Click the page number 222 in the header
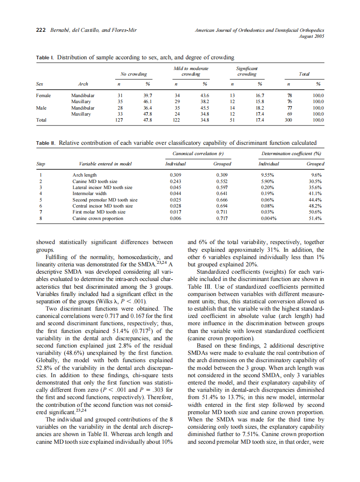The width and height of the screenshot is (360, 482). pyautogui.click(x=40, y=31)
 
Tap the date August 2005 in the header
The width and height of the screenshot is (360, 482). pyautogui.click(x=311, y=37)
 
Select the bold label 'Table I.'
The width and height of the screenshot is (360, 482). pyautogui.click(x=45, y=57)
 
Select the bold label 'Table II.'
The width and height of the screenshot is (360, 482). pyautogui.click(x=46, y=143)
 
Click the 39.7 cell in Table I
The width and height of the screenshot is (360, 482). pyautogui.click(x=147, y=95)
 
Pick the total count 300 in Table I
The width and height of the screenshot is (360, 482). pyautogui.click(x=289, y=120)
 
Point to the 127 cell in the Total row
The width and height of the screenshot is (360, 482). pyautogui.click(x=120, y=120)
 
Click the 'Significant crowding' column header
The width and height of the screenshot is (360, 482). pyautogui.click(x=247, y=71)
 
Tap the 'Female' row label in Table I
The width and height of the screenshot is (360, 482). pyautogui.click(x=43, y=95)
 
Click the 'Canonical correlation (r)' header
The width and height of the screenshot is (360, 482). pyautogui.click(x=198, y=153)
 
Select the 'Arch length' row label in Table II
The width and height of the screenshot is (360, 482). pyautogui.click(x=84, y=175)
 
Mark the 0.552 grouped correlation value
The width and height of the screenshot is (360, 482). pyautogui.click(x=222, y=181)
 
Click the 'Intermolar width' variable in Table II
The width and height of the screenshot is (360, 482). pyautogui.click(x=89, y=194)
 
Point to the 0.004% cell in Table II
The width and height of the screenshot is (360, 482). pyautogui.click(x=269, y=218)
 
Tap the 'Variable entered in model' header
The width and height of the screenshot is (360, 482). pyautogui.click(x=105, y=164)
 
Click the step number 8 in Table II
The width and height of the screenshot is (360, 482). pyautogui.click(x=41, y=218)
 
